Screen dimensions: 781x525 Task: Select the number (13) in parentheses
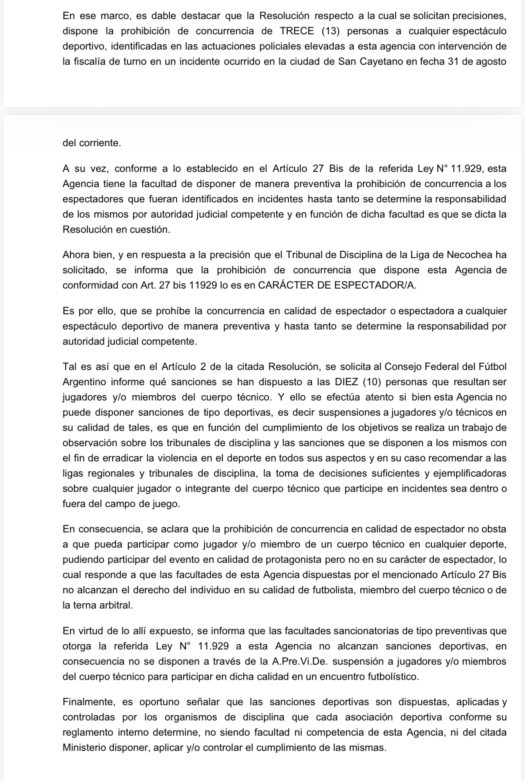[x=330, y=31]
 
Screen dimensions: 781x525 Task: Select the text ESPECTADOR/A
[x=379, y=285]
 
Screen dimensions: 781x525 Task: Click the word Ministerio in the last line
[x=85, y=747]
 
